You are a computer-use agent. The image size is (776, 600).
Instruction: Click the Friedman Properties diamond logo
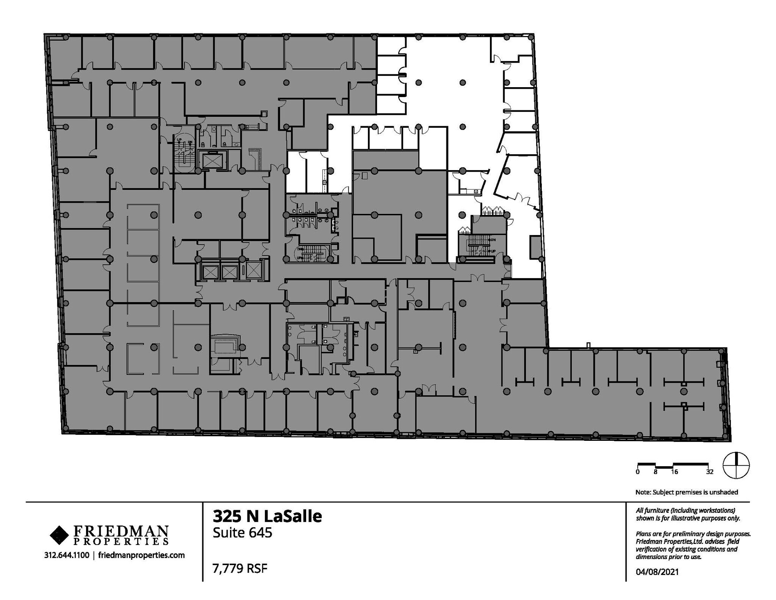click(x=59, y=535)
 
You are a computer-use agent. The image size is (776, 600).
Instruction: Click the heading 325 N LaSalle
click(x=267, y=516)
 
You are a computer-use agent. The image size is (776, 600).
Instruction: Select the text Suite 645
click(x=242, y=533)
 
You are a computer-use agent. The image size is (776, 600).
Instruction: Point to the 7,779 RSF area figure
click(x=240, y=569)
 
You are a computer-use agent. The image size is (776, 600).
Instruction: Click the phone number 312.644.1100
click(x=67, y=555)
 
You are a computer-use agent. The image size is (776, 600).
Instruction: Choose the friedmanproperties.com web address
click(x=141, y=555)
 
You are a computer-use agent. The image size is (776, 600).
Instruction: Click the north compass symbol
click(x=736, y=465)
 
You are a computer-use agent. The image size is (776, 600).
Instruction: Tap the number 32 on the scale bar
click(x=710, y=472)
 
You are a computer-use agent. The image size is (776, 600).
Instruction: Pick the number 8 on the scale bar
click(x=655, y=472)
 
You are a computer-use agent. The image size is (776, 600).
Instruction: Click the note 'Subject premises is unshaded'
click(x=687, y=492)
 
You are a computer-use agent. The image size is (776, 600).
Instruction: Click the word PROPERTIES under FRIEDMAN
click(x=121, y=541)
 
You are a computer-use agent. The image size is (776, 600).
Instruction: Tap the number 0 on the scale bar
click(x=638, y=472)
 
